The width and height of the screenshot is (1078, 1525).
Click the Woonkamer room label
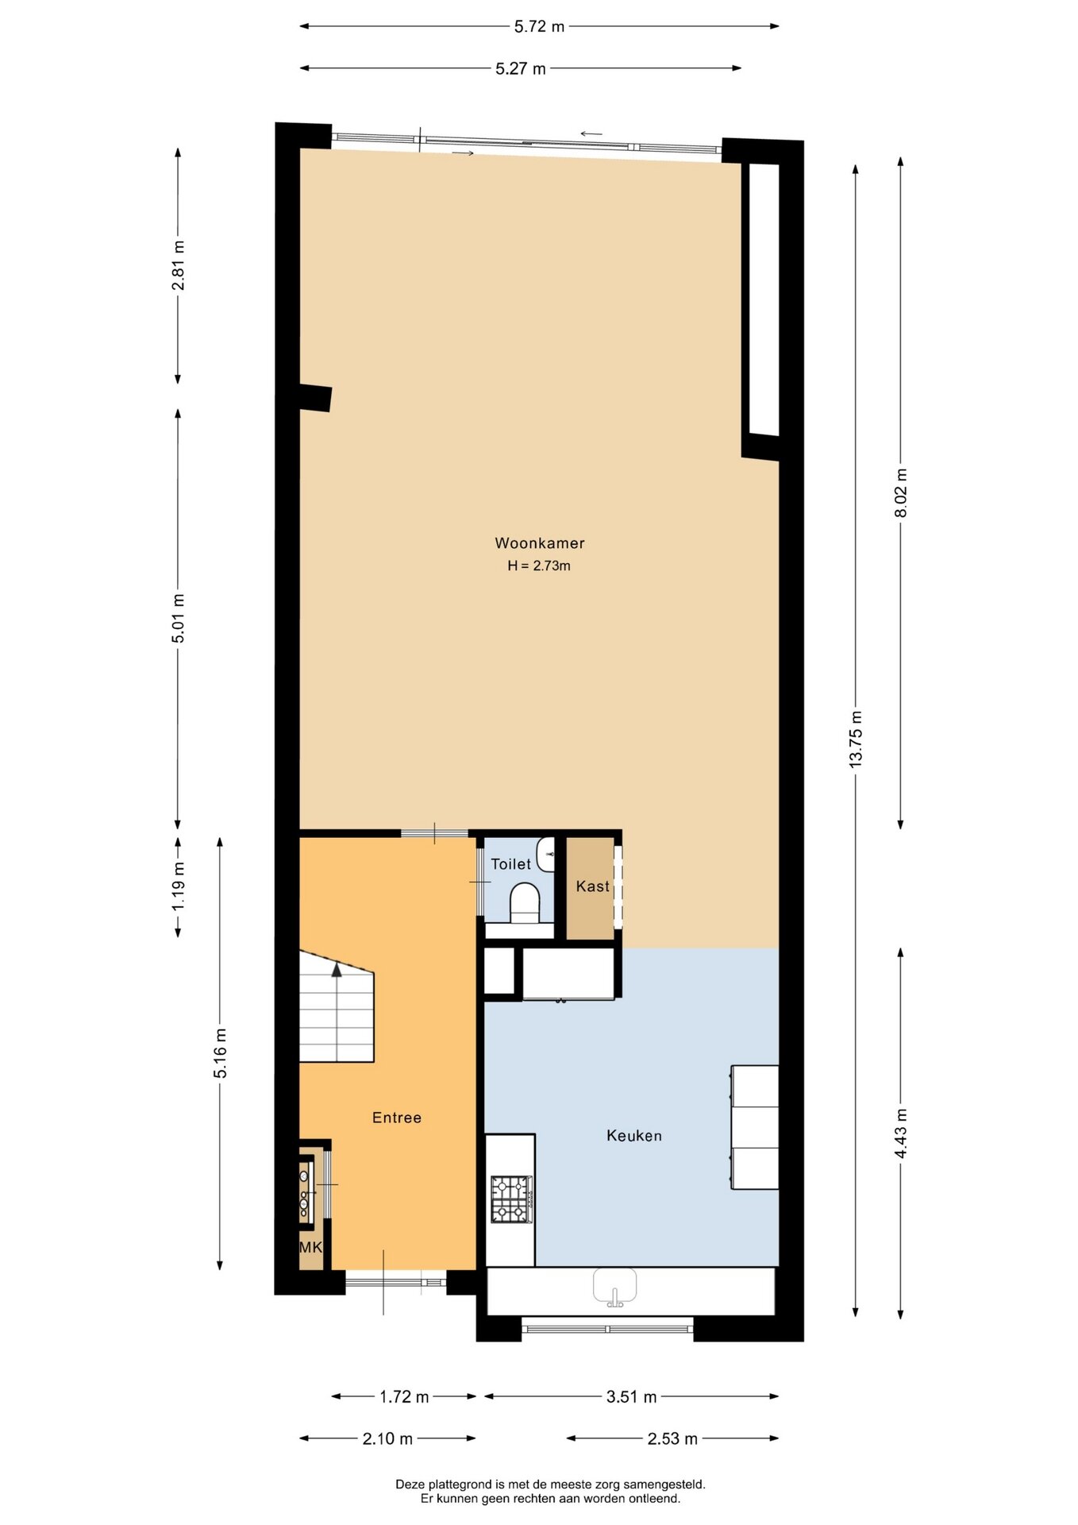[x=540, y=543]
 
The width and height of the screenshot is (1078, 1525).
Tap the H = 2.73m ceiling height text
[x=539, y=566]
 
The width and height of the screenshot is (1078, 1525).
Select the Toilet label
[x=510, y=864]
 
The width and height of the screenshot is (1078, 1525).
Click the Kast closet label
[x=593, y=886]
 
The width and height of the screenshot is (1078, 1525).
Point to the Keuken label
[x=634, y=1136]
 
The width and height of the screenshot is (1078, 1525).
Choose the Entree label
[x=397, y=1118]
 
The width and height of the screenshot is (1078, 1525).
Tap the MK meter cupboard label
[x=310, y=1247]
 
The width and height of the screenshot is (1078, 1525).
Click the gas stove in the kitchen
[x=512, y=1199]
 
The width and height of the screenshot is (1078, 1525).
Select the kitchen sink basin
[x=615, y=1287]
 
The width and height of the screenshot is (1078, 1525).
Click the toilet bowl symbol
[x=524, y=904]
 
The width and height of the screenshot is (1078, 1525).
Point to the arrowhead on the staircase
[x=337, y=969]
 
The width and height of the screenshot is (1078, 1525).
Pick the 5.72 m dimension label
[x=539, y=26]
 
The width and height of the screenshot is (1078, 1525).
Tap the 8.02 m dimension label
[x=901, y=493]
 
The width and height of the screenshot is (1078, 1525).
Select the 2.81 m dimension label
[x=179, y=264]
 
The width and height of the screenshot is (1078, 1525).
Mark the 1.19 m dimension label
[x=179, y=886]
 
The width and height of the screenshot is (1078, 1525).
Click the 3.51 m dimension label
[x=632, y=1396]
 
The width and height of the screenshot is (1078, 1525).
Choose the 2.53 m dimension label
[x=672, y=1438]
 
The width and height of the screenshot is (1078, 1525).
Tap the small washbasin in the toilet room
[x=546, y=854]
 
